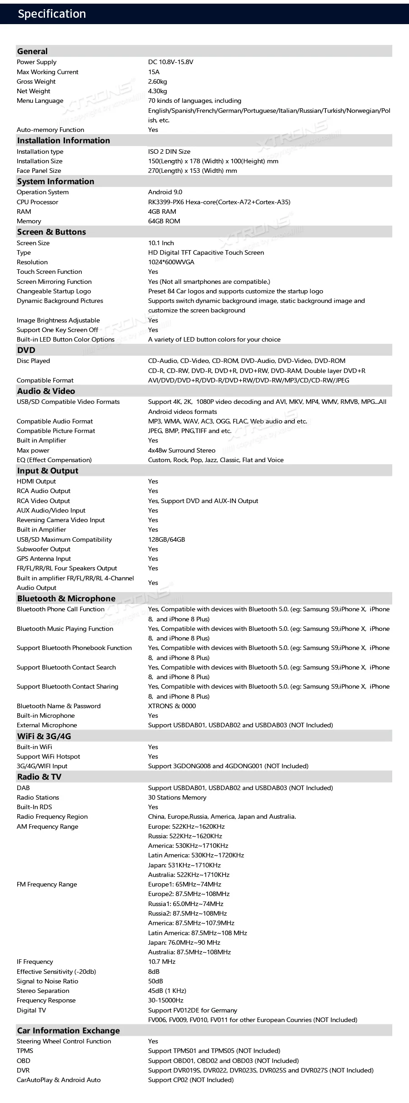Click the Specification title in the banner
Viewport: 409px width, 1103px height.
(x=52, y=14)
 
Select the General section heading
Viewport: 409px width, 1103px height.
(x=32, y=51)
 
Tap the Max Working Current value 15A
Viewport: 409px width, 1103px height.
(x=154, y=72)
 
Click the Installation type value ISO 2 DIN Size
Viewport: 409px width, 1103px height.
(x=169, y=151)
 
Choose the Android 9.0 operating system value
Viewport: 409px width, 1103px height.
(x=165, y=192)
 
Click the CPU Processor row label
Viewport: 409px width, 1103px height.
(x=37, y=202)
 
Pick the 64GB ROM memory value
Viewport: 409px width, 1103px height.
(x=164, y=221)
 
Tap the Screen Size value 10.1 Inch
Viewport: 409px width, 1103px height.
(x=161, y=243)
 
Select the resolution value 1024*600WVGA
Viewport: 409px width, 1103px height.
(x=171, y=262)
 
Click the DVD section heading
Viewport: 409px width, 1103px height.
(x=26, y=350)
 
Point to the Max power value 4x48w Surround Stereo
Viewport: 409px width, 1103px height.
(x=182, y=450)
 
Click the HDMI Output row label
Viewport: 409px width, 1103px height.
(x=36, y=481)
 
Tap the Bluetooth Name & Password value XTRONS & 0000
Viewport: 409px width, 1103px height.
(x=172, y=706)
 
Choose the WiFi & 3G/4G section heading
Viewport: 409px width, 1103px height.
(x=44, y=736)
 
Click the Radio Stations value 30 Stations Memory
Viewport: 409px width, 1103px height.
(x=177, y=797)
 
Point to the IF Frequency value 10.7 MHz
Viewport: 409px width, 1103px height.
(x=162, y=962)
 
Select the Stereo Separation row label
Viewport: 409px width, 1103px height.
(x=43, y=991)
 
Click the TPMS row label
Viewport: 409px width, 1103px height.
(x=25, y=1051)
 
